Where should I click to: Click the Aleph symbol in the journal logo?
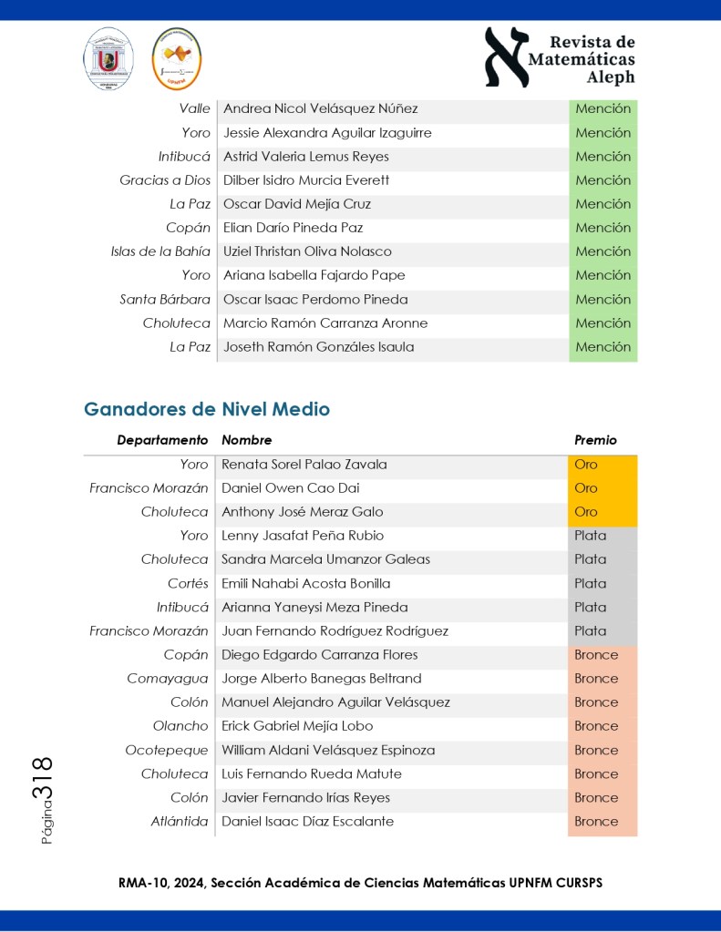[506, 57]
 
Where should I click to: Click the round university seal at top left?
[108, 59]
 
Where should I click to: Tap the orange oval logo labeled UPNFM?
[176, 59]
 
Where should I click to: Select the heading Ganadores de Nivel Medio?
[207, 410]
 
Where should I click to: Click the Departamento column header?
[162, 440]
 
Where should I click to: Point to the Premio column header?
[595, 440]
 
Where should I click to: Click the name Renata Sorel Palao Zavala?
[304, 465]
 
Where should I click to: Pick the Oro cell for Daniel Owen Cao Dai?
[586, 488]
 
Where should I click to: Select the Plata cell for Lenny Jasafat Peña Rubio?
[590, 536]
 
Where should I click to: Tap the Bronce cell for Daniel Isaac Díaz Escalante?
[596, 822]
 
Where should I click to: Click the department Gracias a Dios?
[165, 180]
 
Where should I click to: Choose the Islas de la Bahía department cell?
[160, 251]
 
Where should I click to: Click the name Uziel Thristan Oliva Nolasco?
[307, 251]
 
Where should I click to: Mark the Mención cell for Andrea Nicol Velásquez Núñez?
[603, 109]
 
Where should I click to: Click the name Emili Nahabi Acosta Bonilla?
[306, 583]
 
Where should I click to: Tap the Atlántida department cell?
[180, 822]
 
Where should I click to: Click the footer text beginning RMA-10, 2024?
[360, 884]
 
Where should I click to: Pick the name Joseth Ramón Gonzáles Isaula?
[318, 347]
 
